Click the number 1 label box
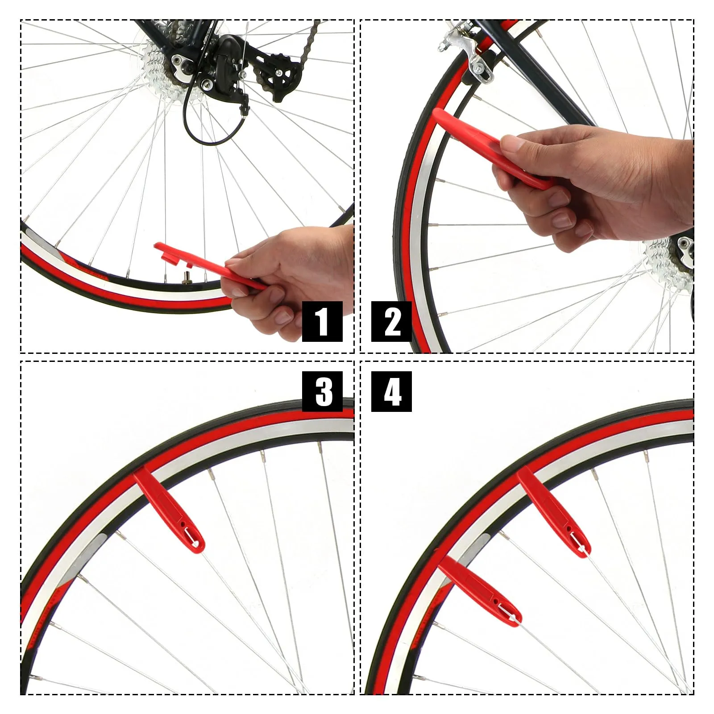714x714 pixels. (322, 321)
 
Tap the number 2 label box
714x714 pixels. (391, 321)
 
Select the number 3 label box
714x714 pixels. (322, 391)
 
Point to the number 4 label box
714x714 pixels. (391, 391)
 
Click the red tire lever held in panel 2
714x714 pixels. (491, 147)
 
